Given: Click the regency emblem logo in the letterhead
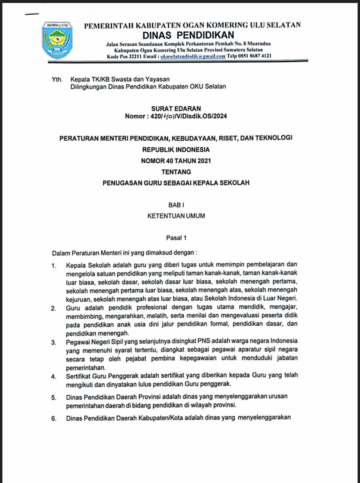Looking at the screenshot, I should (x=58, y=40).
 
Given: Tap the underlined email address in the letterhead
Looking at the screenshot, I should (x=193, y=56).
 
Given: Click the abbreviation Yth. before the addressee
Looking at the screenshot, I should (x=57, y=79).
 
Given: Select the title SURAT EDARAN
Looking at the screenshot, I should (x=176, y=108).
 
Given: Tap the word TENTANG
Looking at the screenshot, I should (x=176, y=172).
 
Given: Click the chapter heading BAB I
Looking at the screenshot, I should (x=176, y=205).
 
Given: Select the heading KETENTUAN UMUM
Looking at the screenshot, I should (x=176, y=216).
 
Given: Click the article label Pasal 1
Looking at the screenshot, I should (x=176, y=238).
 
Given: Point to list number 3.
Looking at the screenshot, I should (x=54, y=343).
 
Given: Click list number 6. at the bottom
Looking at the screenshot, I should (x=54, y=418).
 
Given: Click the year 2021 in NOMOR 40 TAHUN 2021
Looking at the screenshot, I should (x=204, y=161).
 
